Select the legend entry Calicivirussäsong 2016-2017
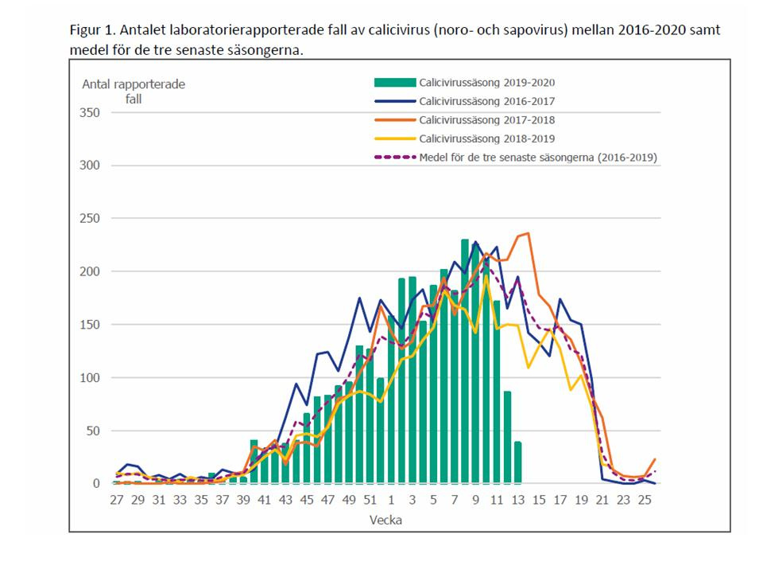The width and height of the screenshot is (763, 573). tap(487, 101)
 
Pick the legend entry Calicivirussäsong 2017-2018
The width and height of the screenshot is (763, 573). tap(487, 120)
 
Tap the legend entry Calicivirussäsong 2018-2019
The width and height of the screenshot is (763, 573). tap(487, 139)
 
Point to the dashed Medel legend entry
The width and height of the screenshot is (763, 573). tap(539, 158)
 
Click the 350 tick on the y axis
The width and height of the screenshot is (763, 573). tap(90, 112)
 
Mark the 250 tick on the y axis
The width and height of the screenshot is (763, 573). tap(90, 218)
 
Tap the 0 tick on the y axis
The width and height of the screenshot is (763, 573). tap(96, 483)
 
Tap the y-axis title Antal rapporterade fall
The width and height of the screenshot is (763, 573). tap(133, 92)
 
